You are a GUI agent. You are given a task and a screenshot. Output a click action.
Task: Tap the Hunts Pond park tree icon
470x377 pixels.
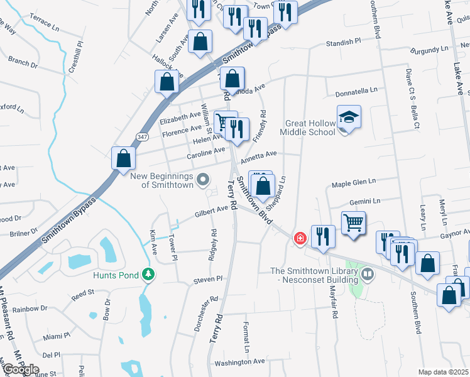(x=148, y=274)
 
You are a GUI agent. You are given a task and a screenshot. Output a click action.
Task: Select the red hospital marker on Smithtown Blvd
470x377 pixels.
(x=300, y=238)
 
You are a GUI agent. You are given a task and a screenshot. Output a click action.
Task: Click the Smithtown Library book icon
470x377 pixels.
(x=368, y=273)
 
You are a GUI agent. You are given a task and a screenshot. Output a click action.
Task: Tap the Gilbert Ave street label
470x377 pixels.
(x=210, y=210)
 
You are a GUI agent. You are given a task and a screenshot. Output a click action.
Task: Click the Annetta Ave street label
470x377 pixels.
(x=259, y=154)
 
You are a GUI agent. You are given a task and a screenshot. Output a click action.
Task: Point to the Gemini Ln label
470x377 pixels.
(x=366, y=202)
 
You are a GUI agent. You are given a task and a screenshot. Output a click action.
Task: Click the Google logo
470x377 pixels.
(x=20, y=369)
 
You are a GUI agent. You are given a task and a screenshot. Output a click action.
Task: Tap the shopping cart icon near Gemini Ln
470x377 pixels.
(x=354, y=222)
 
